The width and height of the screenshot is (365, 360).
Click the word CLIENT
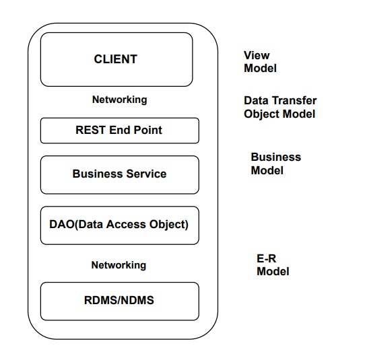(x=115, y=59)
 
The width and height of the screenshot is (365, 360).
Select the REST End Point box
(x=120, y=131)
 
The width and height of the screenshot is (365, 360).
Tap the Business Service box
(x=120, y=175)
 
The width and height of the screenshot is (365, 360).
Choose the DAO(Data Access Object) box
(x=120, y=225)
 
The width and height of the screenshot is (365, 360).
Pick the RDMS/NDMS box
(x=120, y=301)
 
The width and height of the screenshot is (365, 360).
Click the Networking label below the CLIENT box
(x=120, y=100)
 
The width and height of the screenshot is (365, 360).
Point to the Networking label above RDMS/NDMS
(x=119, y=265)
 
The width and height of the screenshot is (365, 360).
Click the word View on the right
(x=257, y=55)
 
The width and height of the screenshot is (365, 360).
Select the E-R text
(x=267, y=258)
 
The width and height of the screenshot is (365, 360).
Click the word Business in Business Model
(x=276, y=157)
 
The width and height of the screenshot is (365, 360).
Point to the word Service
(x=146, y=174)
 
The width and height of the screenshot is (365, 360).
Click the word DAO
(x=62, y=224)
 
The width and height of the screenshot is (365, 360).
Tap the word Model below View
(x=260, y=69)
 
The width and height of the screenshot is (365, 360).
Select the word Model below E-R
(x=273, y=271)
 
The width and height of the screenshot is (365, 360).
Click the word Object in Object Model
(x=262, y=114)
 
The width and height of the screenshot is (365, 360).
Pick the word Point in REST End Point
(x=147, y=130)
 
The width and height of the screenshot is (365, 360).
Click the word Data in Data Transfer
(x=257, y=100)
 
